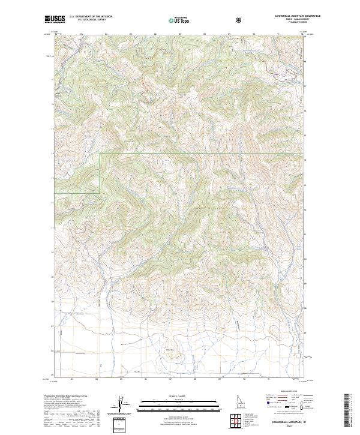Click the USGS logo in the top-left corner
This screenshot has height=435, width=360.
click(x=55, y=19)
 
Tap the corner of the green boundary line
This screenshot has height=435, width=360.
click(x=100, y=154)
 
